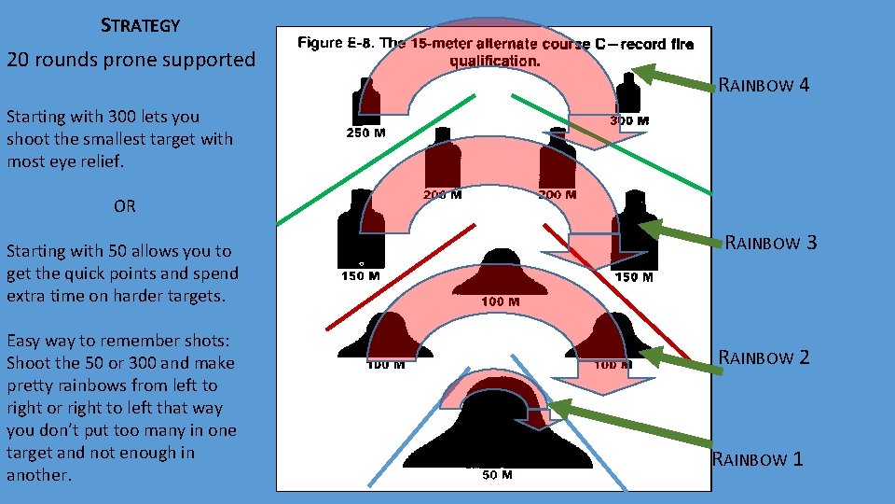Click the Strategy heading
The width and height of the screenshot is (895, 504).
coord(139,25)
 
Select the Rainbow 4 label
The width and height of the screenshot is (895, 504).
coord(764,87)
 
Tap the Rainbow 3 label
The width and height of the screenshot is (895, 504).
coord(771,244)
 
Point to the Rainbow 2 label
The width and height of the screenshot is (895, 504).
coord(764,357)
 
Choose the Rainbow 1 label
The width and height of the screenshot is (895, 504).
coord(758,458)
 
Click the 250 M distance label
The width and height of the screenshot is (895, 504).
coord(366,133)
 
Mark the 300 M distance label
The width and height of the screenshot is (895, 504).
coord(629,120)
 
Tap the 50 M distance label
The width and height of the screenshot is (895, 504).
coord(497,475)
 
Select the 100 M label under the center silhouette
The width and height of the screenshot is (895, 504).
coord(500,301)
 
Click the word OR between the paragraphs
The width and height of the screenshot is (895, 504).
coord(124,206)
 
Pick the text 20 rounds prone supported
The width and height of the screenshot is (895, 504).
coord(131,60)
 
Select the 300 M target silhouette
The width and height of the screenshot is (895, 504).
coord(630,93)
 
